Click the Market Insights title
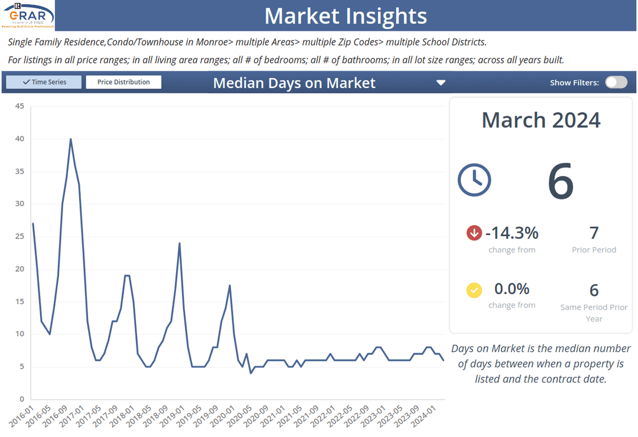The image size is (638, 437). click(345, 16)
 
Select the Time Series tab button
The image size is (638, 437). click(44, 82)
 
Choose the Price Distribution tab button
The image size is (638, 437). click(123, 82)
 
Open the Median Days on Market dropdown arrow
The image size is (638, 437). click(441, 83)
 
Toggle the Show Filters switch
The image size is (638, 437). click(616, 82)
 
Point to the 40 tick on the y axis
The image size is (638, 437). click(19, 139)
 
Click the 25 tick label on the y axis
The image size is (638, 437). click(19, 236)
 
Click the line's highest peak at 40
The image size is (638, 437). click(71, 139)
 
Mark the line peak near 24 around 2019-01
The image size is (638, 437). click(180, 243)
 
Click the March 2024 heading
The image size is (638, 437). click(541, 120)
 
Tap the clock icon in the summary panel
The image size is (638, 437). click(474, 180)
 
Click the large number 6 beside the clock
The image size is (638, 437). click(561, 181)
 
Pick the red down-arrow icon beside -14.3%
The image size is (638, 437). click(474, 233)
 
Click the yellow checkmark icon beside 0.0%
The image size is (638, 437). click(474, 290)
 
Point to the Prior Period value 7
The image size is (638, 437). click(594, 233)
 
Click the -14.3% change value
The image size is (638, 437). click(512, 233)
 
